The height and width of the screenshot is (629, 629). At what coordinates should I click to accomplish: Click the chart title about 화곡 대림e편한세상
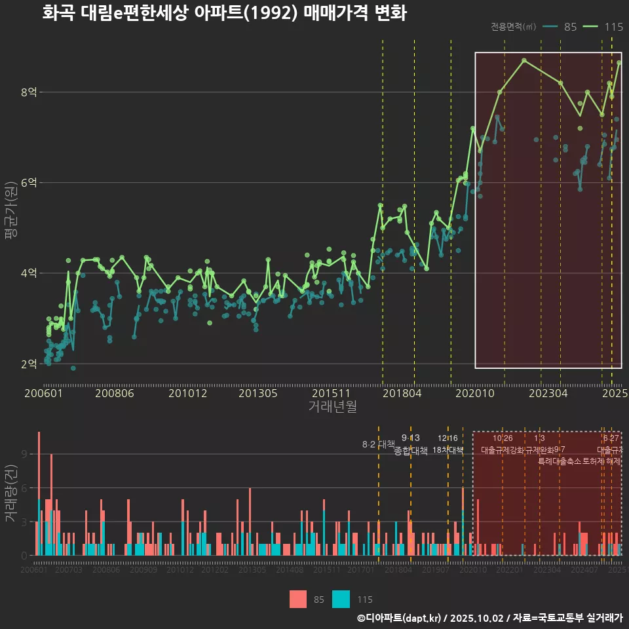(224, 13)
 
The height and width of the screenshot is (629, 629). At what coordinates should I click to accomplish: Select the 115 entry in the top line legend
(613, 27)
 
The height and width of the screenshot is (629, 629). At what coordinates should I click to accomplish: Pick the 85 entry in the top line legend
(570, 27)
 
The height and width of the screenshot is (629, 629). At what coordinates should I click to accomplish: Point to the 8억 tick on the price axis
(28, 92)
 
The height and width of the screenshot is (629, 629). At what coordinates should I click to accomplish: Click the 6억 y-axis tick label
(28, 183)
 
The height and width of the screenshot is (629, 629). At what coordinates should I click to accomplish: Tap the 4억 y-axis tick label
(28, 273)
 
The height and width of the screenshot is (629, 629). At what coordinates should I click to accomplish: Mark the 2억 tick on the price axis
(28, 364)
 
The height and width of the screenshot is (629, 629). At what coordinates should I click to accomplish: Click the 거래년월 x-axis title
(332, 406)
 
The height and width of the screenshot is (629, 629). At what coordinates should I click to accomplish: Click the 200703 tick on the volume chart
(69, 571)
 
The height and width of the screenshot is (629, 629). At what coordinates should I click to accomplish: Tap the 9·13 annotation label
(411, 438)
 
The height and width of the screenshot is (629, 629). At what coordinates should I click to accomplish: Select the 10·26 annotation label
(503, 438)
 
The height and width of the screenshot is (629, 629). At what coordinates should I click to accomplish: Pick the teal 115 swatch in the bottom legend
(341, 599)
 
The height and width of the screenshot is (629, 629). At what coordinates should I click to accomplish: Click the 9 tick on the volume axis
(24, 454)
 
